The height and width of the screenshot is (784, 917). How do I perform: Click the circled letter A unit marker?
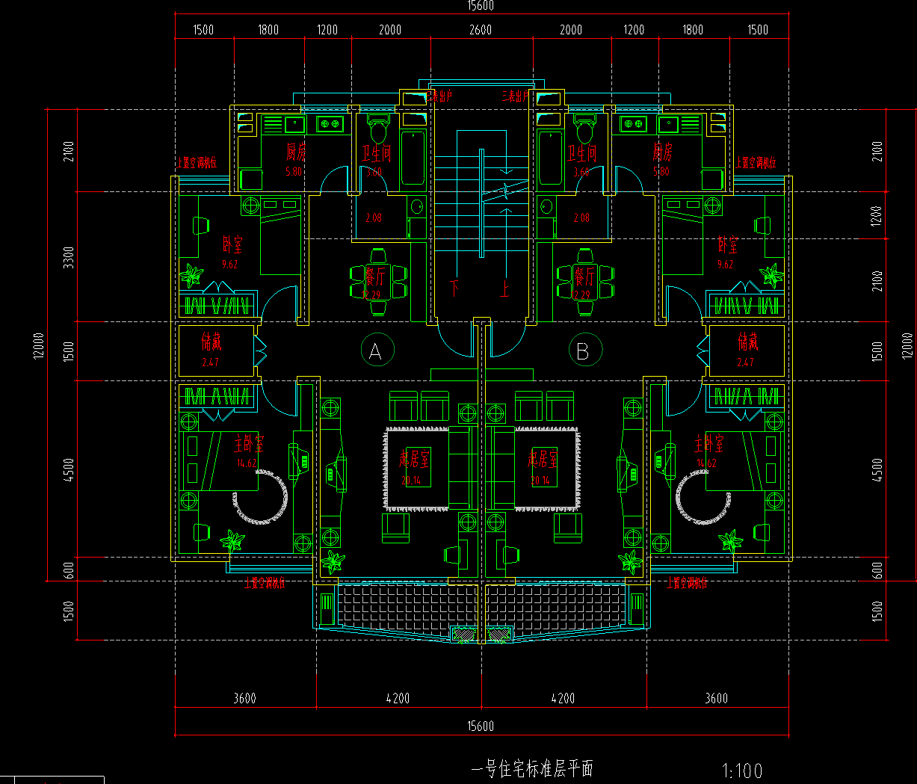click(376, 351)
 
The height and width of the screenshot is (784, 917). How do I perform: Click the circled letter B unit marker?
click(584, 351)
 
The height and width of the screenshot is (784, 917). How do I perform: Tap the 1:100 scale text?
click(742, 771)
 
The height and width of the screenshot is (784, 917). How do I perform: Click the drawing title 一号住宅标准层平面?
click(532, 768)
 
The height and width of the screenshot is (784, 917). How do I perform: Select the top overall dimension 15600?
click(481, 6)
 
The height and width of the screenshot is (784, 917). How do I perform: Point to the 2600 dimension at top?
click(481, 30)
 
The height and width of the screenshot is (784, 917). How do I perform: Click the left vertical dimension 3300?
click(69, 257)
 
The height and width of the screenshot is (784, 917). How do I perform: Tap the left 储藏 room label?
click(212, 342)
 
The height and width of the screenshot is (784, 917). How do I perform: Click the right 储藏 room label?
click(747, 342)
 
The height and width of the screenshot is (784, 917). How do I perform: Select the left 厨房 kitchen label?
click(296, 152)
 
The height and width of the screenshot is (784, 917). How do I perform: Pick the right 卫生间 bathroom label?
click(581, 154)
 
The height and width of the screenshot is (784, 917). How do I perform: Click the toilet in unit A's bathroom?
click(379, 130)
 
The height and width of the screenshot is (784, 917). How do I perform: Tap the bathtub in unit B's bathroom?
click(550, 158)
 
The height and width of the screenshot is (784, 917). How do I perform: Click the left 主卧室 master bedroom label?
click(248, 443)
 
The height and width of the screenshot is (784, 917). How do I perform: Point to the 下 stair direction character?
click(454, 287)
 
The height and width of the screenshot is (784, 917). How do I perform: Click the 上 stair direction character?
click(505, 287)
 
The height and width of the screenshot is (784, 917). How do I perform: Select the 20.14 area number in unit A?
click(411, 481)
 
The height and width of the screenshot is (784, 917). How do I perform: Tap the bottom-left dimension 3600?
click(244, 698)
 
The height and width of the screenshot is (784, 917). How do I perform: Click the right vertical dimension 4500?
click(877, 469)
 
